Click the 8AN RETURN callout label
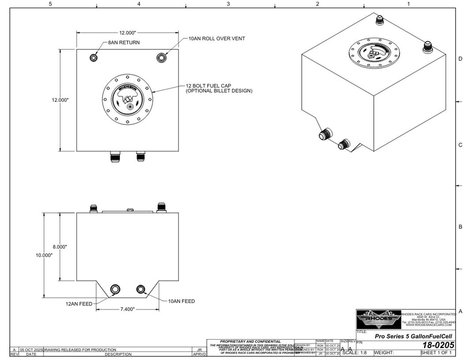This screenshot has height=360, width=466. [124, 43]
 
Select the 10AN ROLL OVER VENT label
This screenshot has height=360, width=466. [217, 38]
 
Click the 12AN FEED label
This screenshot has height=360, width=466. [79, 304]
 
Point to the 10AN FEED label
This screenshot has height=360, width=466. [181, 301]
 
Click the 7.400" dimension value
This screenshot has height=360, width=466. [128, 309]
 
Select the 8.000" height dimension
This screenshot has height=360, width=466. [60, 247]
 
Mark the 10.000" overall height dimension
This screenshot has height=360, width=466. [44, 255]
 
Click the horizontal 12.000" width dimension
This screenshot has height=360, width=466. [127, 33]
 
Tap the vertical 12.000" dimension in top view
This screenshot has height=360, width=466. [60, 100]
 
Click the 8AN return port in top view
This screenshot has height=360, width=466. [94, 58]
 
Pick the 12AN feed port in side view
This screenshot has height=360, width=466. [115, 289]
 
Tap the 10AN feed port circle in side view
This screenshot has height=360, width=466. [141, 289]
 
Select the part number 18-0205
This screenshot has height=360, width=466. [438, 345]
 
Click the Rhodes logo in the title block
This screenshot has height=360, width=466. [379, 319]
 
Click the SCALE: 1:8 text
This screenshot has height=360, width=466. [354, 352]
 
